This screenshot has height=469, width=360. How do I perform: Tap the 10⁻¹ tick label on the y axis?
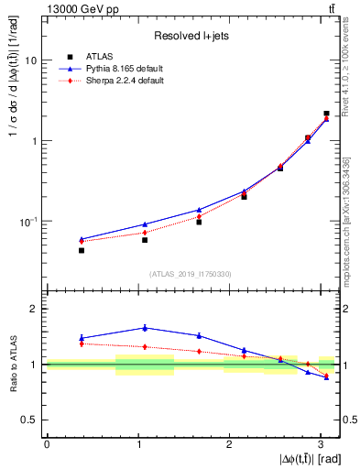coord(33,222)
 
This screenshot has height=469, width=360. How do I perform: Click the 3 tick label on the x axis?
coord(321,444)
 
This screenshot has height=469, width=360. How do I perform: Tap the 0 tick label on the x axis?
coord(47,444)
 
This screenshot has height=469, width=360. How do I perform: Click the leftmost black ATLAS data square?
coord(82,250)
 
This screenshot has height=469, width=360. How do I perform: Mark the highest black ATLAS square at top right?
coord(327,114)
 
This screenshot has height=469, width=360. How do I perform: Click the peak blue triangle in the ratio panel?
coord(145,327)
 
